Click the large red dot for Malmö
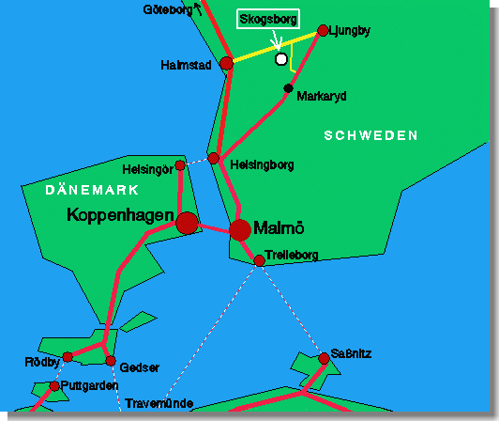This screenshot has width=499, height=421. click(240, 229)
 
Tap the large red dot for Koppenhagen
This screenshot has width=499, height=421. click(188, 223)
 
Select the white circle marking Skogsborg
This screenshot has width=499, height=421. click(280, 59)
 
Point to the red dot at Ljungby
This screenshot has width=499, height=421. click(323, 30)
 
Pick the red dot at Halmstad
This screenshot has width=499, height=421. click(226, 63)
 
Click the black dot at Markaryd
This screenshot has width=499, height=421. click(288, 88)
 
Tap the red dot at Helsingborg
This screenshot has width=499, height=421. click(214, 158)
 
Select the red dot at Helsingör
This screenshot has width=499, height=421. click(180, 165)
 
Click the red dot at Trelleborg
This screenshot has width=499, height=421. click(260, 260)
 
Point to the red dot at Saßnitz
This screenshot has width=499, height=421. click(324, 358)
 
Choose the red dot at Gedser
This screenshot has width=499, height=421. click(111, 361)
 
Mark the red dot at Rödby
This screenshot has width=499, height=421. click(68, 357)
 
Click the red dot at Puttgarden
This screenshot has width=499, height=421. click(54, 386)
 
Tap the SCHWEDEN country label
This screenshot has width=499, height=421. click(370, 136)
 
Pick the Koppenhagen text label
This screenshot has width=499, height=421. click(120, 216)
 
